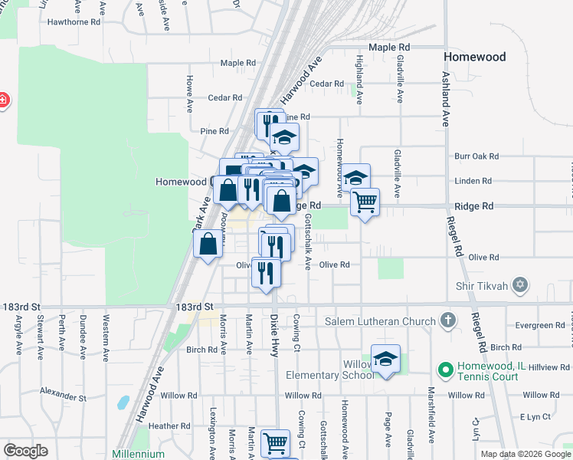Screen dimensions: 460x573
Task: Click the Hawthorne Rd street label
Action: [74, 22]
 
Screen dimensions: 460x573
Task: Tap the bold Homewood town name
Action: [475, 57]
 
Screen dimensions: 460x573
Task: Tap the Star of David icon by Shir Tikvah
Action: [521, 285]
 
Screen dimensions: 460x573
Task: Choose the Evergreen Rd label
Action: [539, 325]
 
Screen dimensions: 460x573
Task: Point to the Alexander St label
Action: [64, 393]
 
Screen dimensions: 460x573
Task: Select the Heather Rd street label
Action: [169, 426]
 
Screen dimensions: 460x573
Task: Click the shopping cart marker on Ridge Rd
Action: [365, 202]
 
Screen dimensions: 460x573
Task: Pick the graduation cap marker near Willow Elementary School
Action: [385, 360]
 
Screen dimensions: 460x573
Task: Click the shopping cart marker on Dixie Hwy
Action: [275, 443]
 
